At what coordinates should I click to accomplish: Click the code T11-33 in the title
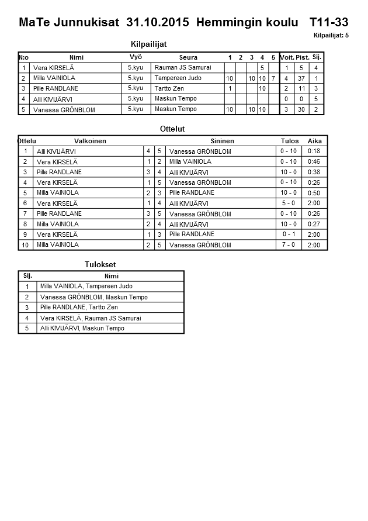329,23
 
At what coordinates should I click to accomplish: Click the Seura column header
188,57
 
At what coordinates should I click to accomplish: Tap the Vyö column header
136,57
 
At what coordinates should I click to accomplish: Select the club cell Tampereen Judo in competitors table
178,78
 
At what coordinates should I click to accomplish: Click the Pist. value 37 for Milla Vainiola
301,78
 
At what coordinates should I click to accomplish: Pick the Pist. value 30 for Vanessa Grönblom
301,110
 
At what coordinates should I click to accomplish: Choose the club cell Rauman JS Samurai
183,68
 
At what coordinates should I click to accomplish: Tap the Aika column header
315,141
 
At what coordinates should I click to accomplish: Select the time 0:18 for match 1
314,151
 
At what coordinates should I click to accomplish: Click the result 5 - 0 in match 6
289,203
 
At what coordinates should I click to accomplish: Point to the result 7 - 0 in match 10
289,245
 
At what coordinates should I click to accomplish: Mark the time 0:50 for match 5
314,193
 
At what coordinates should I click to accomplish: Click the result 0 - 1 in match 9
289,234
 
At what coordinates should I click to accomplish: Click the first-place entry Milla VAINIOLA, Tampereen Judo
86,287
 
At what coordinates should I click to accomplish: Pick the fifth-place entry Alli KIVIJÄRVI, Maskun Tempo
82,329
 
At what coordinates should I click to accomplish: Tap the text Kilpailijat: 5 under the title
331,36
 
